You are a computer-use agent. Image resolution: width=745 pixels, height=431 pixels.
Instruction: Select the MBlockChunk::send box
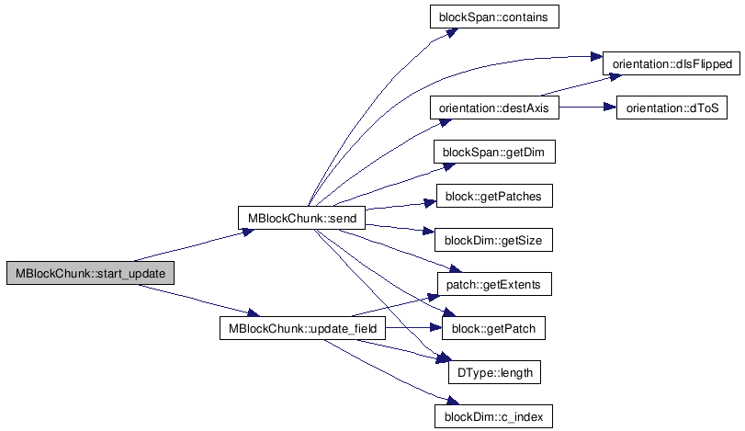302,218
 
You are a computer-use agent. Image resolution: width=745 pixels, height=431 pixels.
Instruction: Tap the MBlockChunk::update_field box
301,329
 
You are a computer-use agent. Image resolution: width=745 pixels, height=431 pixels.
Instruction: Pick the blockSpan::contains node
494,17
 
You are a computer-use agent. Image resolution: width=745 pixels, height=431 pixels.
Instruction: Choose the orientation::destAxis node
494,108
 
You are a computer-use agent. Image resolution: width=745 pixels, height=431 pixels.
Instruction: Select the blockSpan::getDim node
494,153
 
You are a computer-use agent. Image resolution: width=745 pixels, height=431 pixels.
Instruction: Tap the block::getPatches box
494,197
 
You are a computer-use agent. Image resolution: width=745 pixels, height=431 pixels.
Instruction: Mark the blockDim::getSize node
494,241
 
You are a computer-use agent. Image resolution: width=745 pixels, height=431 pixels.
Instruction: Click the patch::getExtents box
494,285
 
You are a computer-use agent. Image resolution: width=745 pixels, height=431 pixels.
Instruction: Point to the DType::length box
494,373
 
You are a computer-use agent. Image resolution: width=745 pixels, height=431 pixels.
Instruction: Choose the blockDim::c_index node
494,417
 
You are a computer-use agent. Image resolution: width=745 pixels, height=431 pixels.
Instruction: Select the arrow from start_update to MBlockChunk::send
193,245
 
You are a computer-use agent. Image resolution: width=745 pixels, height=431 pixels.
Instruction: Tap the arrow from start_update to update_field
193,301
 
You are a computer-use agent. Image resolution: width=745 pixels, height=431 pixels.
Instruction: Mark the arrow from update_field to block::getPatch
413,329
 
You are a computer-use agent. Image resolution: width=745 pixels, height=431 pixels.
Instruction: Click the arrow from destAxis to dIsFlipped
574,84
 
